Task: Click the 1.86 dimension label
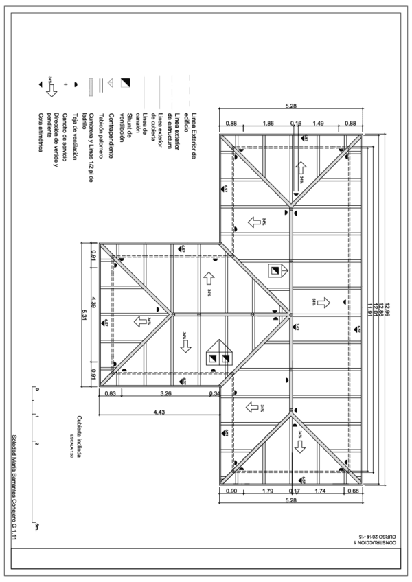[x=268, y=123]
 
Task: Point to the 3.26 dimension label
[x=165, y=394]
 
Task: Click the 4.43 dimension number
[x=159, y=411]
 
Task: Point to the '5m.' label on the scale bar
[x=36, y=528]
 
